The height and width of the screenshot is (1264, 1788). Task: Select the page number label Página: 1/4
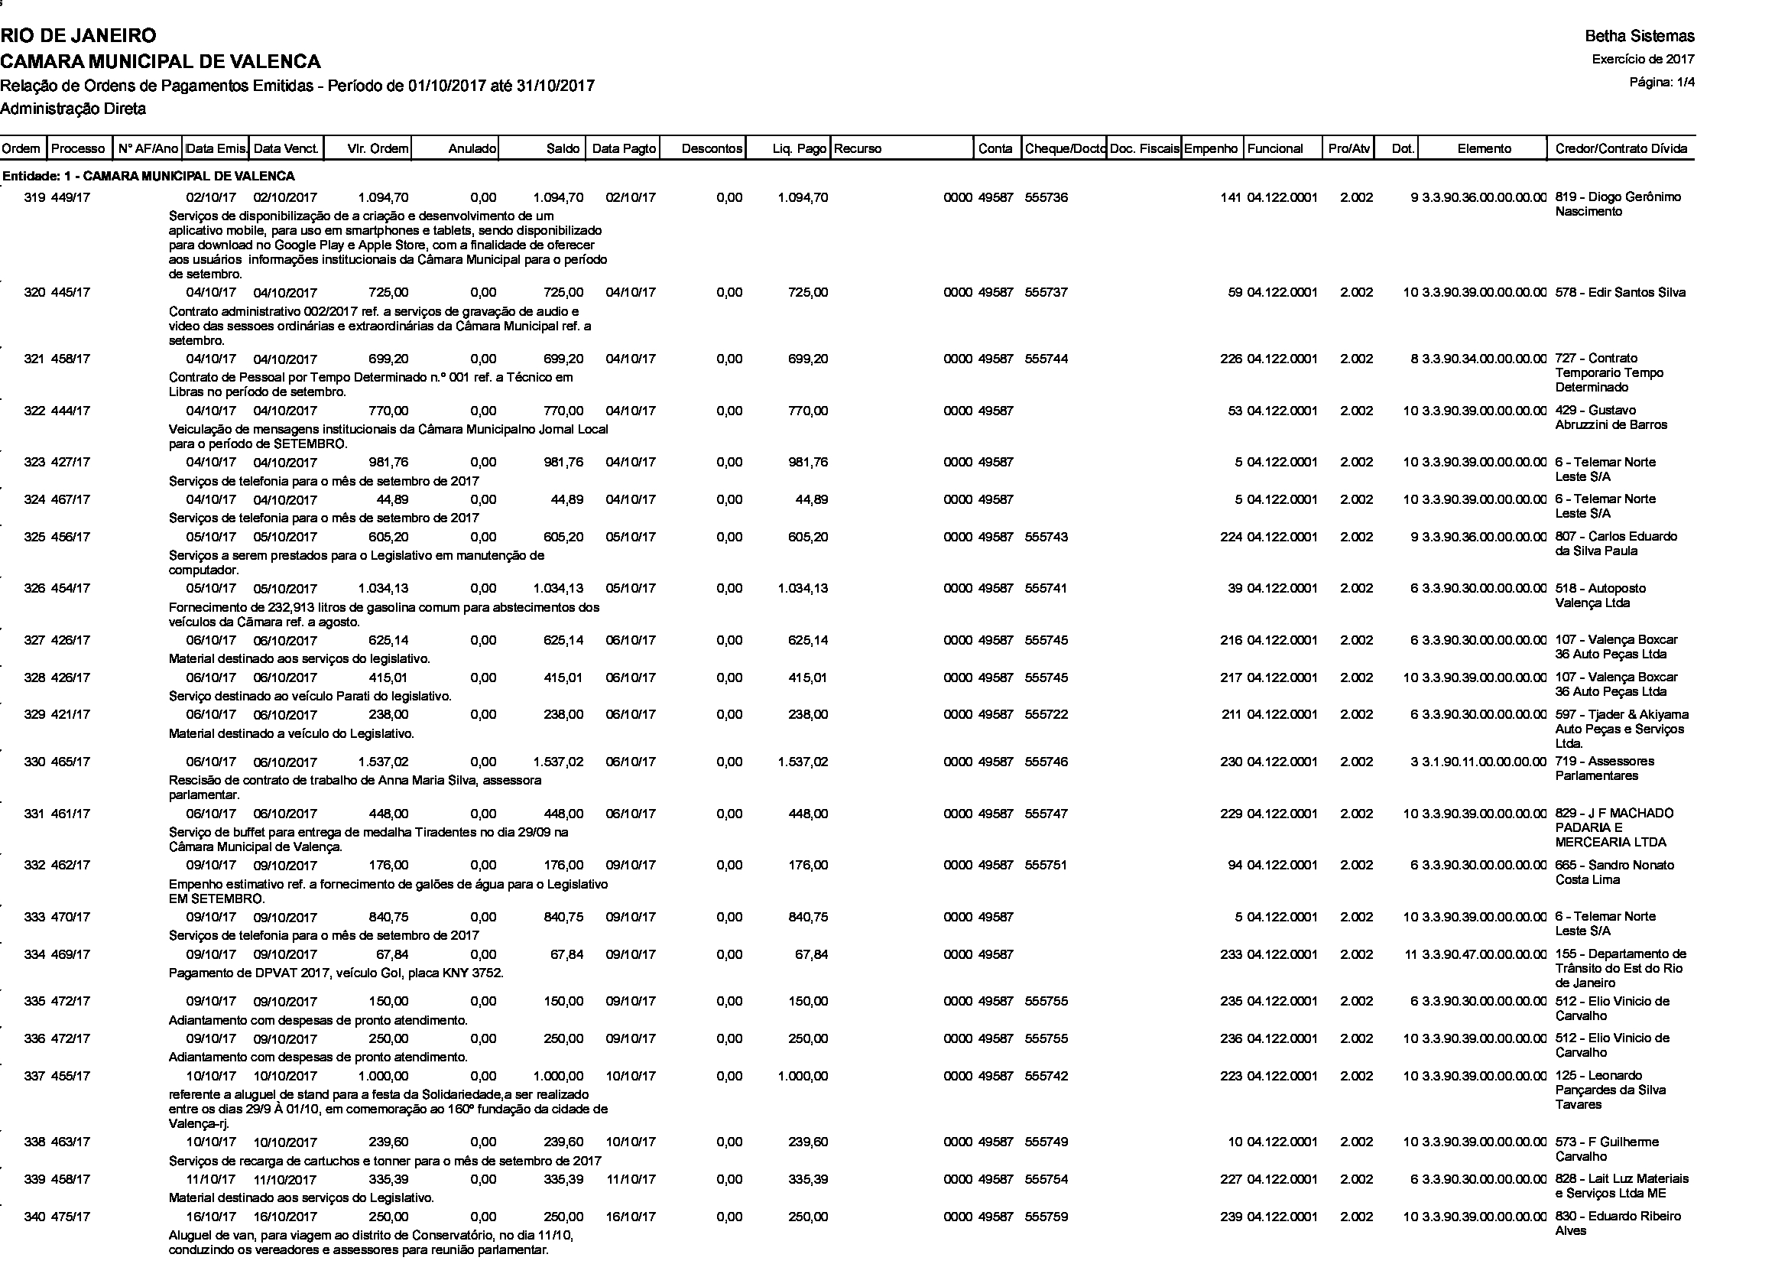(x=1662, y=82)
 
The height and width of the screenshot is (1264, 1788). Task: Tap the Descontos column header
(x=712, y=149)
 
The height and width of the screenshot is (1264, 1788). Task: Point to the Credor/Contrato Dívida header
(x=1621, y=149)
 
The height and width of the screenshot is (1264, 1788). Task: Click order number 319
(x=34, y=198)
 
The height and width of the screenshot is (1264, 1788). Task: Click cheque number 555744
(x=1046, y=359)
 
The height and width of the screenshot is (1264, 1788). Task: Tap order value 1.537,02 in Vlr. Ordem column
(x=383, y=762)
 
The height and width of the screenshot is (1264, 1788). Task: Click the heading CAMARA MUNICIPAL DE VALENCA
(x=161, y=60)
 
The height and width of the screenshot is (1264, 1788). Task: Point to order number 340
(x=34, y=1217)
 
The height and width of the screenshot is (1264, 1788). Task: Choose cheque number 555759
(x=1046, y=1217)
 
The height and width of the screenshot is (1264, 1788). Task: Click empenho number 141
(x=1231, y=198)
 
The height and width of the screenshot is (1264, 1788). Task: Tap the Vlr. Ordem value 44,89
(x=392, y=499)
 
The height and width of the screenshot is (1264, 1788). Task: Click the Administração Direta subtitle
(x=73, y=109)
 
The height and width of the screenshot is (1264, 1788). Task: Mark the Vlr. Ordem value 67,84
(x=392, y=955)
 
